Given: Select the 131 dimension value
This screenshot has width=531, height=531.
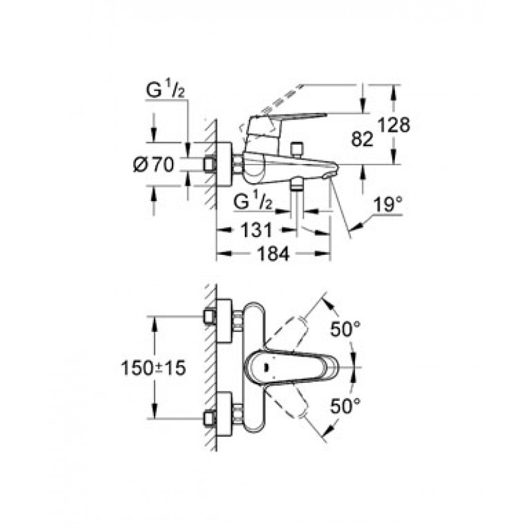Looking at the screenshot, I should (x=256, y=230).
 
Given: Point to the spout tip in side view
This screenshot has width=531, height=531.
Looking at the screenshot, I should (x=329, y=175).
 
